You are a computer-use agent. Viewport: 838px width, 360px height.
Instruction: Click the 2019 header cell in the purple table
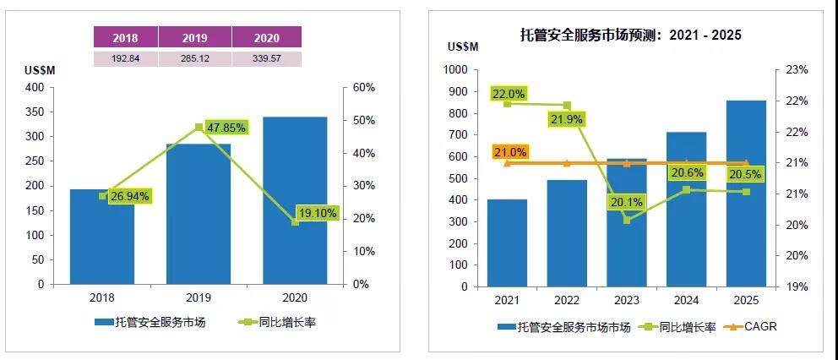[x=195, y=38]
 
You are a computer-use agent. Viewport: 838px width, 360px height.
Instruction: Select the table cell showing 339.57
[x=266, y=58]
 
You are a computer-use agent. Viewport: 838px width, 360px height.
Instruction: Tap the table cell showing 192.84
[x=125, y=58]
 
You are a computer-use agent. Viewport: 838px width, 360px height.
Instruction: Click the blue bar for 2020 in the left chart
[x=295, y=203]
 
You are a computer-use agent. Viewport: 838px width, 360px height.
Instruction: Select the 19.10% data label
[x=317, y=214]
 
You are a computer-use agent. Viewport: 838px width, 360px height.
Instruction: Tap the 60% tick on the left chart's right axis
[x=363, y=88]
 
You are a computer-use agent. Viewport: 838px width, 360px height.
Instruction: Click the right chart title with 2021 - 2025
[x=630, y=35]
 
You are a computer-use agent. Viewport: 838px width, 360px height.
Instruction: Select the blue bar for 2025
[x=745, y=194]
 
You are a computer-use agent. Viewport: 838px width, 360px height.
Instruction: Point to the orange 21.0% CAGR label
[x=510, y=153]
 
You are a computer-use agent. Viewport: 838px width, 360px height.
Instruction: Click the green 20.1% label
[x=626, y=203]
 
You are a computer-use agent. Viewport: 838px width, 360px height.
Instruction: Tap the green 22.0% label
[x=509, y=94]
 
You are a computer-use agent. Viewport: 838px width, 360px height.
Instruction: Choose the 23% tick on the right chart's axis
[x=798, y=70]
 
